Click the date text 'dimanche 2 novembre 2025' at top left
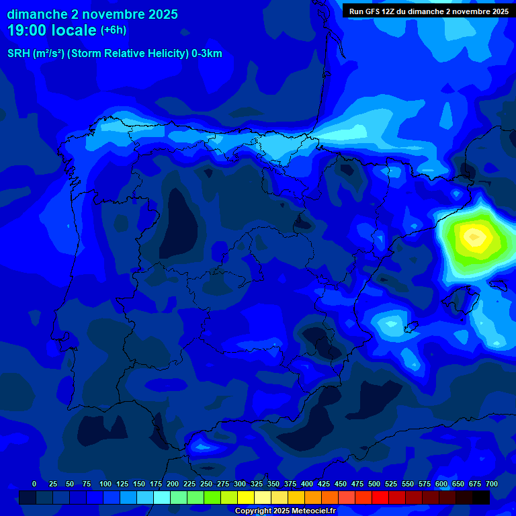point(92,14)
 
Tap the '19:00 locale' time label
point(52,30)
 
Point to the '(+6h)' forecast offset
point(113,30)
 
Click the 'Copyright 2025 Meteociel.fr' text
point(285,511)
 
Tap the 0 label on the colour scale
point(34,484)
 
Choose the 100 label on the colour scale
point(105,484)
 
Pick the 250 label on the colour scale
point(206,484)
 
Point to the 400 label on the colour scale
point(307,484)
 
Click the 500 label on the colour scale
point(374,484)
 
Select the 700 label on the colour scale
point(491,484)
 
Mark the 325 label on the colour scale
point(256,484)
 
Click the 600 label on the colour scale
point(441,484)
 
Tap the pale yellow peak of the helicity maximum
point(474,236)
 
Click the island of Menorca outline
point(498,285)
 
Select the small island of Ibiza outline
point(411,327)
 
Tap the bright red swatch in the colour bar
point(380,497)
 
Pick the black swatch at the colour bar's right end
point(481,497)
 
